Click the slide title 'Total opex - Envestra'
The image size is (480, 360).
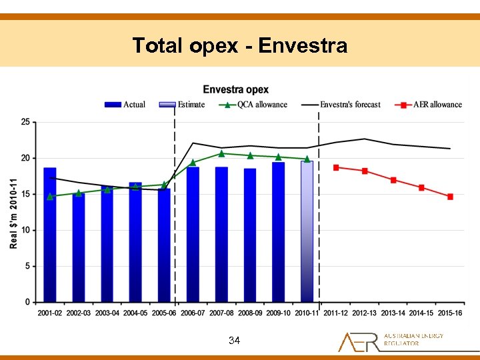tap(240, 45)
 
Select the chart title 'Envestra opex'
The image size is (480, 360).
tap(236, 89)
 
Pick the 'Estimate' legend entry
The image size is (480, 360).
tap(181, 105)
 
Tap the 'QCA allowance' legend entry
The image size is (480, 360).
tap(253, 105)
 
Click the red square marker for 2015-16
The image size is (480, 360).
tap(450, 197)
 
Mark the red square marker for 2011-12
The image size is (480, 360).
tap(336, 167)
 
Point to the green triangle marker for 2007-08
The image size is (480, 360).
tap(221, 153)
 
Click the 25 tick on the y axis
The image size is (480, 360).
tap(25, 122)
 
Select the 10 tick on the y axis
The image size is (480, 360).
tap(25, 230)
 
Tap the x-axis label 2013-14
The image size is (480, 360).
tap(393, 313)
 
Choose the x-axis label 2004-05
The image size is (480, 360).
tap(135, 313)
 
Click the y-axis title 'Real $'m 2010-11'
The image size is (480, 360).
tap(13, 213)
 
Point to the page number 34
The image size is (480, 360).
tap(234, 341)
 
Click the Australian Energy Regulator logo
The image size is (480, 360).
tap(391, 341)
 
